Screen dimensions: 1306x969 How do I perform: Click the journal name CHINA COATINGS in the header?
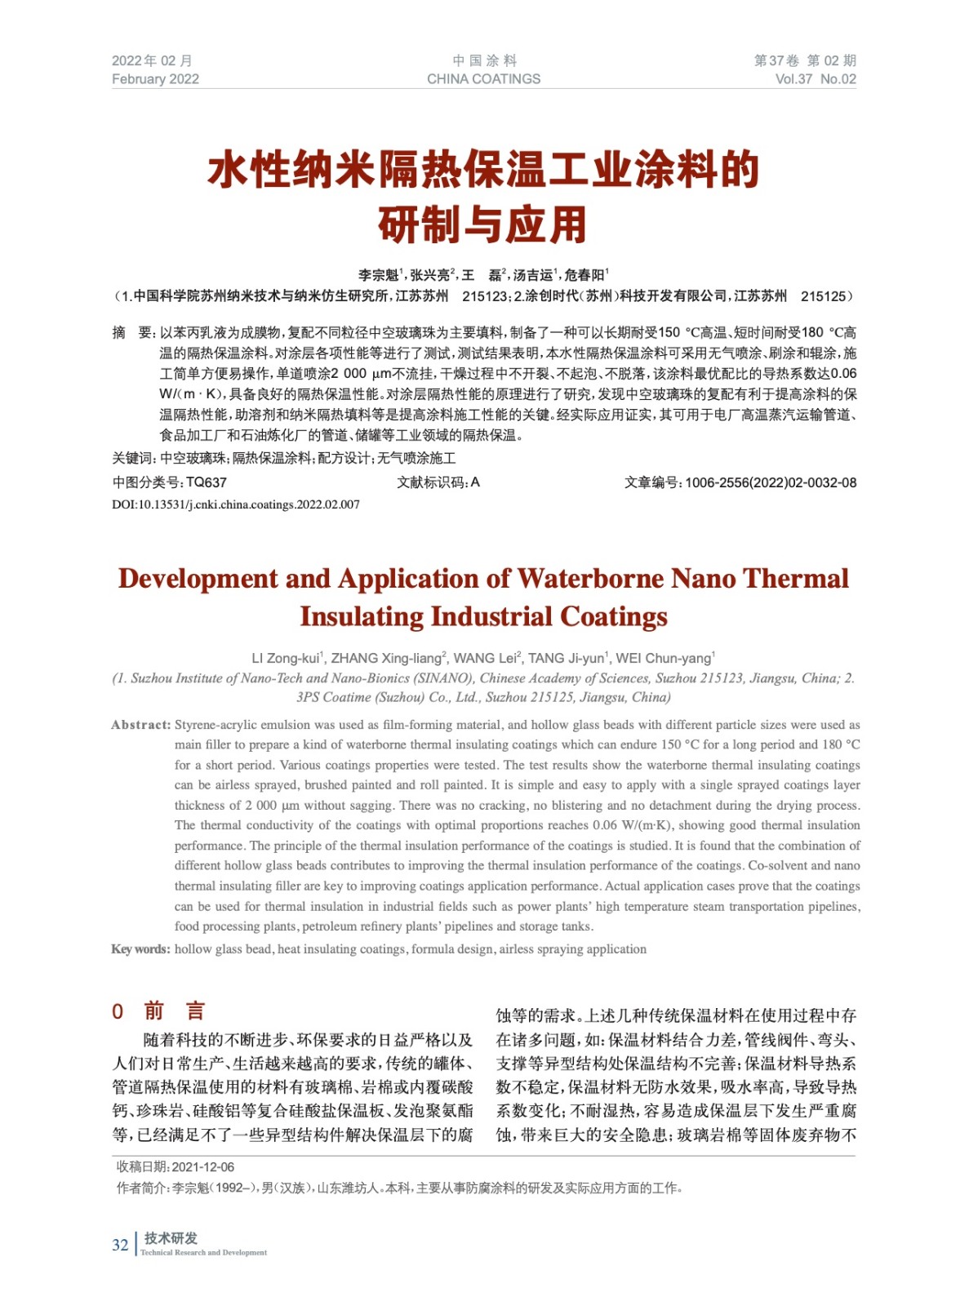coord(483,79)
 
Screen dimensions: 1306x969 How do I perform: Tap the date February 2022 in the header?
coord(155,79)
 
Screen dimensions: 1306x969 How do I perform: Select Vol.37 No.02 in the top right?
coord(815,79)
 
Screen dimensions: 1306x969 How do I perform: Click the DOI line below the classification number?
coord(236,504)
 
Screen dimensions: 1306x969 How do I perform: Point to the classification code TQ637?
coord(207,482)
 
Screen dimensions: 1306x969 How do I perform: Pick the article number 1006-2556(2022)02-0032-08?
coord(770,482)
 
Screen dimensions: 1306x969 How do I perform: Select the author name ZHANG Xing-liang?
coord(388,658)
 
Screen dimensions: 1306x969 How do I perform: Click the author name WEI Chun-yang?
coord(663,658)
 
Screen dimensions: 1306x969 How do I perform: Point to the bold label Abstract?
coord(140,725)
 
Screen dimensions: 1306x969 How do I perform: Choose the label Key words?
coord(140,949)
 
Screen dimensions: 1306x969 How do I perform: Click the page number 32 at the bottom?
coord(120,1245)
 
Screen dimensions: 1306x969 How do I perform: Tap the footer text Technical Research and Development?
coord(203,1252)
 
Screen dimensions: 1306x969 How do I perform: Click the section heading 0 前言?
coord(158,1011)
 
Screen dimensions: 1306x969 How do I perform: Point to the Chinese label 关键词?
coord(132,459)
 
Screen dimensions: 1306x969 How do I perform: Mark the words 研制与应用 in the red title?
coord(483,225)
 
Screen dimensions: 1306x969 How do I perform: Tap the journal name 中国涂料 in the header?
coord(484,60)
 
